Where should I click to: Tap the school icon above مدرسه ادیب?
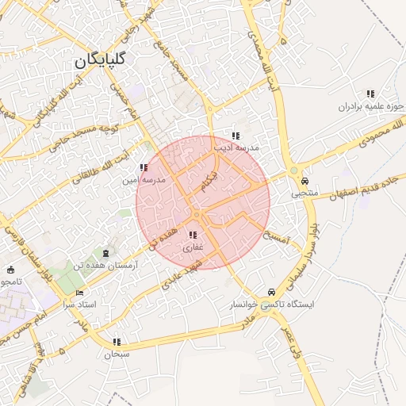pos(235,136)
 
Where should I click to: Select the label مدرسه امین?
pos(144,180)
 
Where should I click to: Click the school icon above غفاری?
pos(193,235)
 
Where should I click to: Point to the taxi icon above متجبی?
pos(305,180)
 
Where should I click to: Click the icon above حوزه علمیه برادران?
pos(370,94)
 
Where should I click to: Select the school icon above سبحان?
pos(117,342)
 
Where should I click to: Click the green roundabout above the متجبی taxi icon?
pos(294,170)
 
